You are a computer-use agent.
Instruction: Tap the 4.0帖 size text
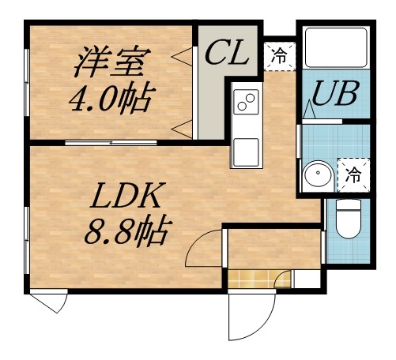[x=111, y=99]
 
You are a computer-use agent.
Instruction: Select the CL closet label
[x=227, y=54]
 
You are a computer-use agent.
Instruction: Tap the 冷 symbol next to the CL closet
[x=279, y=54]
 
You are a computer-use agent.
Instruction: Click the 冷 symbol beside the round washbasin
[x=354, y=173]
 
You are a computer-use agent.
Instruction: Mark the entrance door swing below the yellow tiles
[x=249, y=316]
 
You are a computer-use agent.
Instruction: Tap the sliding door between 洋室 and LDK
[x=111, y=142]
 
